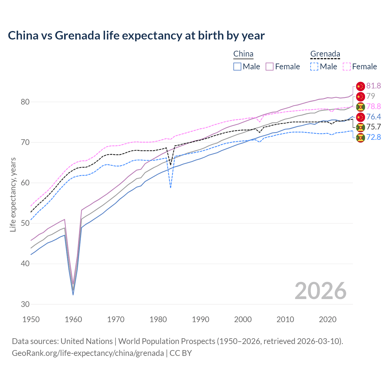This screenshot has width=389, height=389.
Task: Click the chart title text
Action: (136, 36)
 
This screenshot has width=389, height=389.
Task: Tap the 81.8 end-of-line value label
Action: (374, 86)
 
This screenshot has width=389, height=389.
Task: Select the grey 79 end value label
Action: (370, 96)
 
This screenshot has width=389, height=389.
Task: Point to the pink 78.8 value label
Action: (374, 106)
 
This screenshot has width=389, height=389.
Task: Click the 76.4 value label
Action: (374, 117)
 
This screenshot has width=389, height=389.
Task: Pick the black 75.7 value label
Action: (374, 127)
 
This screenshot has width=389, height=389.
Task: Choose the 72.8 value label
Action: (374, 137)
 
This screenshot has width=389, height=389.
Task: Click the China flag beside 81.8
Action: (360, 86)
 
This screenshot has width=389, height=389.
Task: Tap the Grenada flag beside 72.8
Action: (360, 137)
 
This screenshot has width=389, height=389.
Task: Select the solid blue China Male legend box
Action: (237, 67)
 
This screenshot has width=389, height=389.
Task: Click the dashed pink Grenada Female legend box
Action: (347, 67)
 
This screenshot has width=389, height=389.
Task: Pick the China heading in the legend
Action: (243, 54)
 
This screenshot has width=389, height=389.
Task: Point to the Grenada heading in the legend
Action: (325, 54)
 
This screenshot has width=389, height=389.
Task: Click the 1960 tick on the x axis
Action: (73, 319)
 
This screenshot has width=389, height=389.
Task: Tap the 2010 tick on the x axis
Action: (285, 319)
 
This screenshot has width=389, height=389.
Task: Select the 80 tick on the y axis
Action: (25, 102)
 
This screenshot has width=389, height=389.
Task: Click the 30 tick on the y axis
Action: (25, 304)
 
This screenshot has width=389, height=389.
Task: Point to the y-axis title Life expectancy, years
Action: (13, 194)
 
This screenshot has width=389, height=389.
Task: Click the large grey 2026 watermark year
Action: (320, 291)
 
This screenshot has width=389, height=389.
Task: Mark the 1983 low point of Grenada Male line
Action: (170, 188)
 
